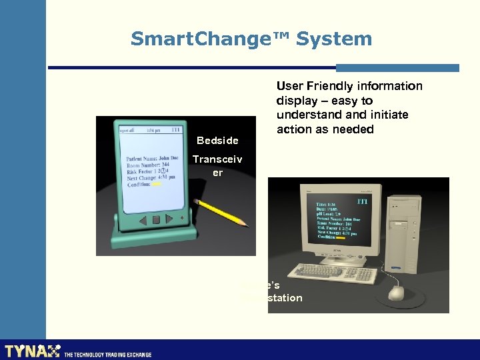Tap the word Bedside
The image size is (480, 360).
point(217,141)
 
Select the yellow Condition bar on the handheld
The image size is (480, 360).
point(156,185)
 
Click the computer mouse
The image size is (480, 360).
point(397,293)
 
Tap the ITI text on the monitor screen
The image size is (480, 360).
point(363,201)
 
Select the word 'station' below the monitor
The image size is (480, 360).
point(283,297)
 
